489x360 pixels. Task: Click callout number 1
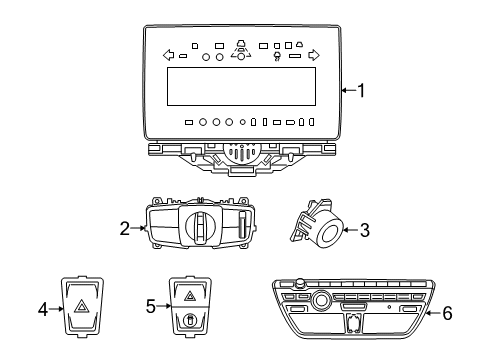(x=361, y=91)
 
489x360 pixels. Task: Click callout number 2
(x=125, y=229)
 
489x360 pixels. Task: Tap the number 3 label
(x=365, y=231)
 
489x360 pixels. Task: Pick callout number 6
(x=447, y=313)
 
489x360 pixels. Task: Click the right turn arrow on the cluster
(x=313, y=55)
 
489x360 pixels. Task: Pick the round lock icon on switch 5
(x=189, y=320)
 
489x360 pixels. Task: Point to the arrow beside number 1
(x=348, y=91)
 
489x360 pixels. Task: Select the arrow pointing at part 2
(x=140, y=229)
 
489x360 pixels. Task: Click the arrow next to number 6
(x=432, y=313)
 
